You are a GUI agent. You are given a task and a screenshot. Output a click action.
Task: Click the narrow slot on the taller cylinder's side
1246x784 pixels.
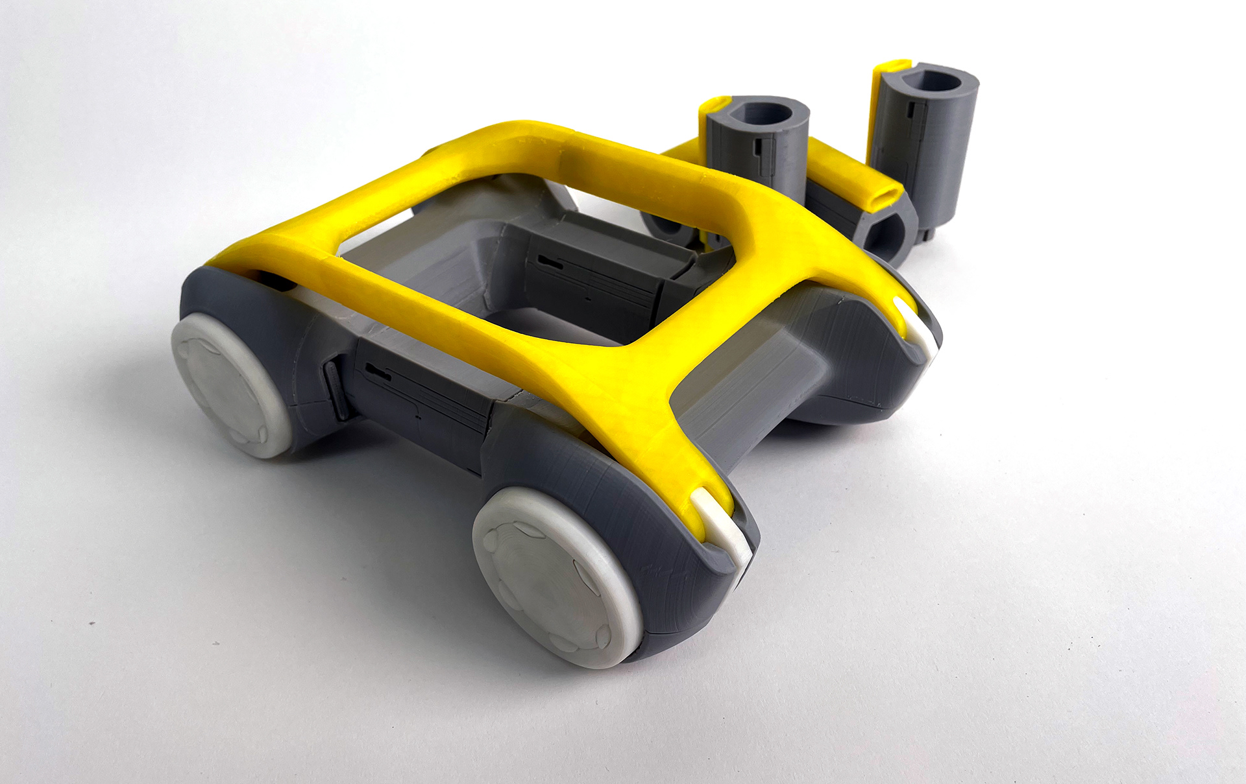point(913,123)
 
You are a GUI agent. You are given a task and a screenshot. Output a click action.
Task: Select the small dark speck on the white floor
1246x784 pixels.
point(92,624)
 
